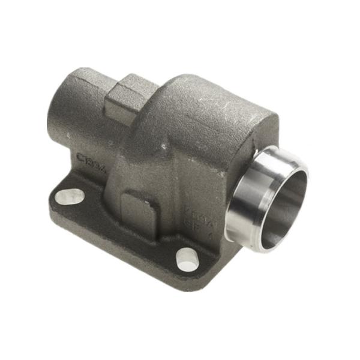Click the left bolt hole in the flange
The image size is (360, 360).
pyautogui.click(x=69, y=196)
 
